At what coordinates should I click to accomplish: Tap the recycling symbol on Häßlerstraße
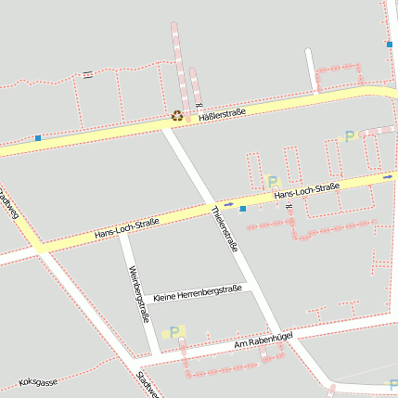pos(176,117)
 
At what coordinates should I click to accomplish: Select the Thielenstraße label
pos(225,228)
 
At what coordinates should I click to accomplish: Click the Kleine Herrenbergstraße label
pos(198,292)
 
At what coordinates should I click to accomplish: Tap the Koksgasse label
pos(38,381)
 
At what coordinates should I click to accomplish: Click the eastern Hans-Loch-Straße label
pos(307,191)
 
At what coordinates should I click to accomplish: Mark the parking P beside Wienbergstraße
pos(174,332)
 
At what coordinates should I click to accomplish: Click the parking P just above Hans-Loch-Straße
pos(272,181)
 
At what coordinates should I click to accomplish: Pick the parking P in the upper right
pos(350,136)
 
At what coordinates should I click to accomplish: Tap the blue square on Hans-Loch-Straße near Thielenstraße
pos(243,209)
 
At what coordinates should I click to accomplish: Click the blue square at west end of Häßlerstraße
pos(38,138)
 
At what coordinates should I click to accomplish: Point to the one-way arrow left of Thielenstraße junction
pos(228,204)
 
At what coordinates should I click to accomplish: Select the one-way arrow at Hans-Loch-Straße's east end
pos(388,174)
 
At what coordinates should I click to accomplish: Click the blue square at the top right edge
pos(390,44)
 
